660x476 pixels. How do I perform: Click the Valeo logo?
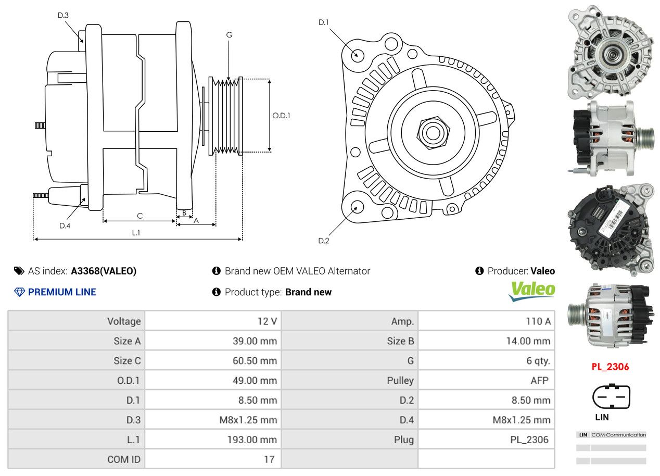click(531, 291)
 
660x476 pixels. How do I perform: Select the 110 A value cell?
click(538, 321)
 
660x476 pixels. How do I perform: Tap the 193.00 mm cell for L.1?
click(251, 440)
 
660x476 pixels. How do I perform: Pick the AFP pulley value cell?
click(539, 380)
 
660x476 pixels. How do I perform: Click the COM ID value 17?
click(269, 459)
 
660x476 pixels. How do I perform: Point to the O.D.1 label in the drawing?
click(281, 116)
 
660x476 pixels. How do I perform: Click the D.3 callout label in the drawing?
click(63, 15)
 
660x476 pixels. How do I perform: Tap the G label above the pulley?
click(229, 35)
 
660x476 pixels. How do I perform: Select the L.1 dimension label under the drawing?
click(136, 233)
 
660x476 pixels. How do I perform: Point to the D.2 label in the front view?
click(324, 241)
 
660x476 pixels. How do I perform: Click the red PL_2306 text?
click(610, 367)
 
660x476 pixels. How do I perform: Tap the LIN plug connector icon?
click(611, 397)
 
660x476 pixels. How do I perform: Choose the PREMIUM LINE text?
click(62, 292)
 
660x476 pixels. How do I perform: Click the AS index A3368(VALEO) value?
click(104, 271)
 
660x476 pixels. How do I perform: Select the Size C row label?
click(127, 360)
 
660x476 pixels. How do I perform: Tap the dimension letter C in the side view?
click(139, 216)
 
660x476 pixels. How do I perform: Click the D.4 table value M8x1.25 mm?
click(521, 420)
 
